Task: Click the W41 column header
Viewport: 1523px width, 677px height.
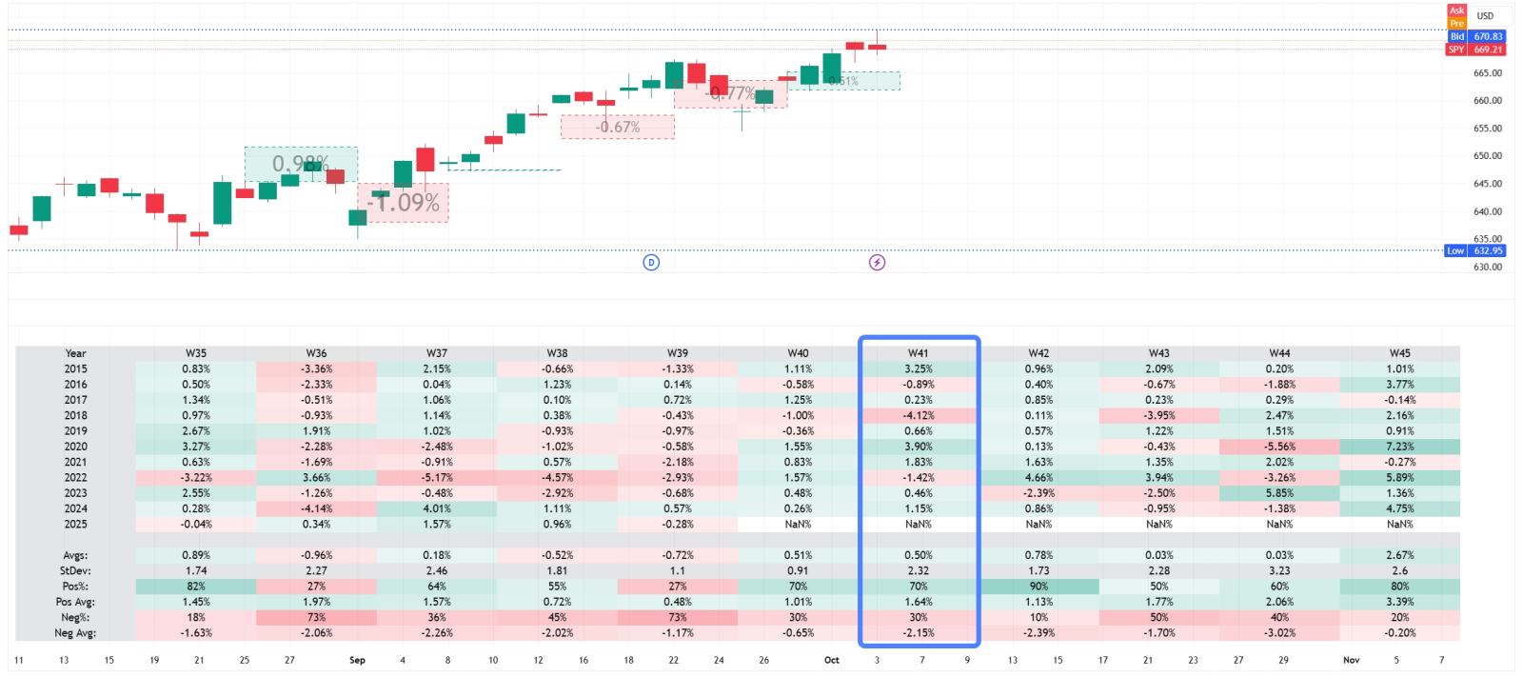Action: (x=918, y=353)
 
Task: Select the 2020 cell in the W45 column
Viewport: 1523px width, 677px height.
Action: (x=1399, y=447)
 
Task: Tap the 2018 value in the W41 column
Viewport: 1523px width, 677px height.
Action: (x=918, y=415)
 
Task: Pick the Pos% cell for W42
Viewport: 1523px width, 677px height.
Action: (x=1038, y=587)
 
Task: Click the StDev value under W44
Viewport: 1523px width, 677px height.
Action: (x=1279, y=571)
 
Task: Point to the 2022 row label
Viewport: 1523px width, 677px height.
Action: (x=75, y=478)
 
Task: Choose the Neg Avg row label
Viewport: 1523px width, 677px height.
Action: (x=75, y=633)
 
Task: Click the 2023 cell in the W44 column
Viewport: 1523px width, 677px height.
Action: (x=1279, y=493)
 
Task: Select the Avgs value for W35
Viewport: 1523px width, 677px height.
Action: (x=196, y=555)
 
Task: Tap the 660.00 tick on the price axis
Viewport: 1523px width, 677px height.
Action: (x=1487, y=100)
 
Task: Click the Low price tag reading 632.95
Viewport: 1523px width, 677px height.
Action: (x=1475, y=250)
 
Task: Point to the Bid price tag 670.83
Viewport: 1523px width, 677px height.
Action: (x=1476, y=36)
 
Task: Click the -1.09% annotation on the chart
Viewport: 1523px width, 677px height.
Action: (x=404, y=203)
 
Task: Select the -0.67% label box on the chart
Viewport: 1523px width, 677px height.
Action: (x=618, y=127)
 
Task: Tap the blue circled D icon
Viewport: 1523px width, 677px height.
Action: (x=651, y=263)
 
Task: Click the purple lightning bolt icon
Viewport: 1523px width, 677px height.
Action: (x=877, y=263)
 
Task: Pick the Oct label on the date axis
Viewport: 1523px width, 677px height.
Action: (x=832, y=660)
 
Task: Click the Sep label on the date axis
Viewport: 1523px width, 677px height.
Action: (x=357, y=660)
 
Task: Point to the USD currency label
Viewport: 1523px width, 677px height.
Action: (x=1485, y=16)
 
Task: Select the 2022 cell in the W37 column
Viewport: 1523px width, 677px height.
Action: (x=437, y=478)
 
